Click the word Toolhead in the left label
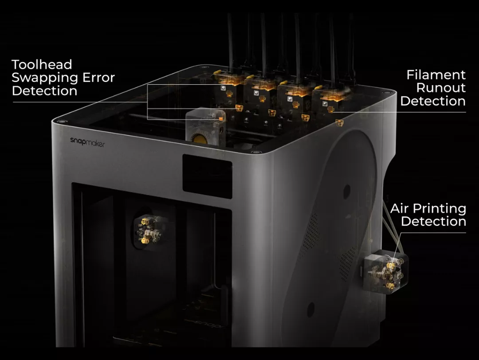pyautogui.click(x=42, y=64)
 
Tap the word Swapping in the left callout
pyautogui.click(x=45, y=78)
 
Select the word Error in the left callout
pyautogui.click(x=98, y=78)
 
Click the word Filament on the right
pyautogui.click(x=436, y=75)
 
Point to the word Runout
pyautogui.click(x=441, y=88)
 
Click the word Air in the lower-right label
pyautogui.click(x=400, y=208)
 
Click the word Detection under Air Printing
pyautogui.click(x=433, y=221)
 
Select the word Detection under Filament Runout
pyautogui.click(x=433, y=101)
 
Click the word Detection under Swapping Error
pyautogui.click(x=45, y=91)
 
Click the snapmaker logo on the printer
pyautogui.click(x=87, y=142)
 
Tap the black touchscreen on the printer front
pyautogui.click(x=208, y=176)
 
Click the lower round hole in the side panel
pyautogui.click(x=311, y=309)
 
